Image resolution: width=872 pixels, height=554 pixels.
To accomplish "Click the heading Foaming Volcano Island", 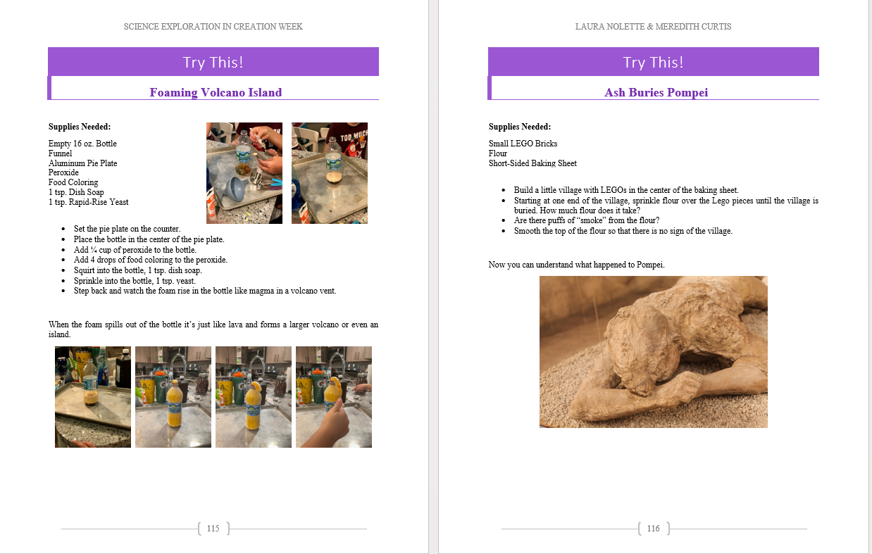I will [x=216, y=92].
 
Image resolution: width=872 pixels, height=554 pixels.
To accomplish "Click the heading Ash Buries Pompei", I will [x=656, y=92].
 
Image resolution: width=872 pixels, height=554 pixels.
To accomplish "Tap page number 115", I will [x=213, y=528].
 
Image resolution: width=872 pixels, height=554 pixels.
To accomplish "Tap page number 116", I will [x=654, y=528].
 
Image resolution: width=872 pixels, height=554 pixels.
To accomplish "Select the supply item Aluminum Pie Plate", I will [x=82, y=163].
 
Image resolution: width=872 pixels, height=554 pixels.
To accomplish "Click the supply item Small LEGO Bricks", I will [x=523, y=144].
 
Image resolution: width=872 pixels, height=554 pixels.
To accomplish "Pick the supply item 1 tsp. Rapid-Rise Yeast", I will [x=88, y=202].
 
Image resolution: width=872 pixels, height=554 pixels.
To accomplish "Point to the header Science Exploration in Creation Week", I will [x=213, y=27].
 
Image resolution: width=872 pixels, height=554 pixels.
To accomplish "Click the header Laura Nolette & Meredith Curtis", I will [x=653, y=27].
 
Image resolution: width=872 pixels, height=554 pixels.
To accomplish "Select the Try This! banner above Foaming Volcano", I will [x=213, y=62].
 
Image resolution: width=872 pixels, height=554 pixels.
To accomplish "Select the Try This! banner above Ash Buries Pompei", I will [x=653, y=62].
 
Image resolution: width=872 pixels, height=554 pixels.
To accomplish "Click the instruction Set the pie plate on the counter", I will [x=127, y=229].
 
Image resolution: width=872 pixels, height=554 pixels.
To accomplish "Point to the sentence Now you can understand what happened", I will [x=576, y=265].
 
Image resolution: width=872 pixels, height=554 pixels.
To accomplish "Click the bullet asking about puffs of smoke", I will [x=576, y=220].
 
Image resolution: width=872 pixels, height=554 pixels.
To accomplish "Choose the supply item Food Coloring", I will [x=73, y=182].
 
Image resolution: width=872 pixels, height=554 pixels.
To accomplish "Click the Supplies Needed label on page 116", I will [x=520, y=127].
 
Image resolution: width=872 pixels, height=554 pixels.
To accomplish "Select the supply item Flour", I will [x=498, y=153].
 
